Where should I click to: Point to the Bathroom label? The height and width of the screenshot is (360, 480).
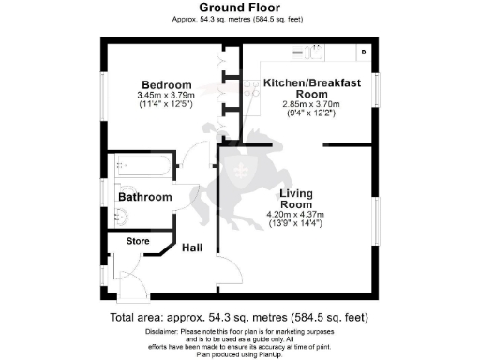point(144,197)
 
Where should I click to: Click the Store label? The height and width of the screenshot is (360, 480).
point(138,241)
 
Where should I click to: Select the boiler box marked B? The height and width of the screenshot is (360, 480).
point(364,52)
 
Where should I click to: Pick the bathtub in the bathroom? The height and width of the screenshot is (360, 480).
point(142,168)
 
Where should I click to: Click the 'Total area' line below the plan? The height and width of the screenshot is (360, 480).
point(239,318)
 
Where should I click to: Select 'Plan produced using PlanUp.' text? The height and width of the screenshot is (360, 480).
point(239,354)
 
